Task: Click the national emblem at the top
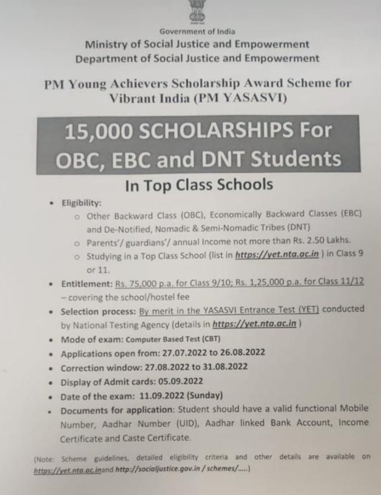pos(197,11)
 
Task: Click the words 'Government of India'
pos(197,32)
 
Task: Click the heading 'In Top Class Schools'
pos(199,185)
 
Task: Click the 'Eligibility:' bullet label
pos(82,203)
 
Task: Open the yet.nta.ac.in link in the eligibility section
pos(277,255)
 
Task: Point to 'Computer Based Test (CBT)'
pos(173,339)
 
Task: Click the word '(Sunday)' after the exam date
pos(204,395)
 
